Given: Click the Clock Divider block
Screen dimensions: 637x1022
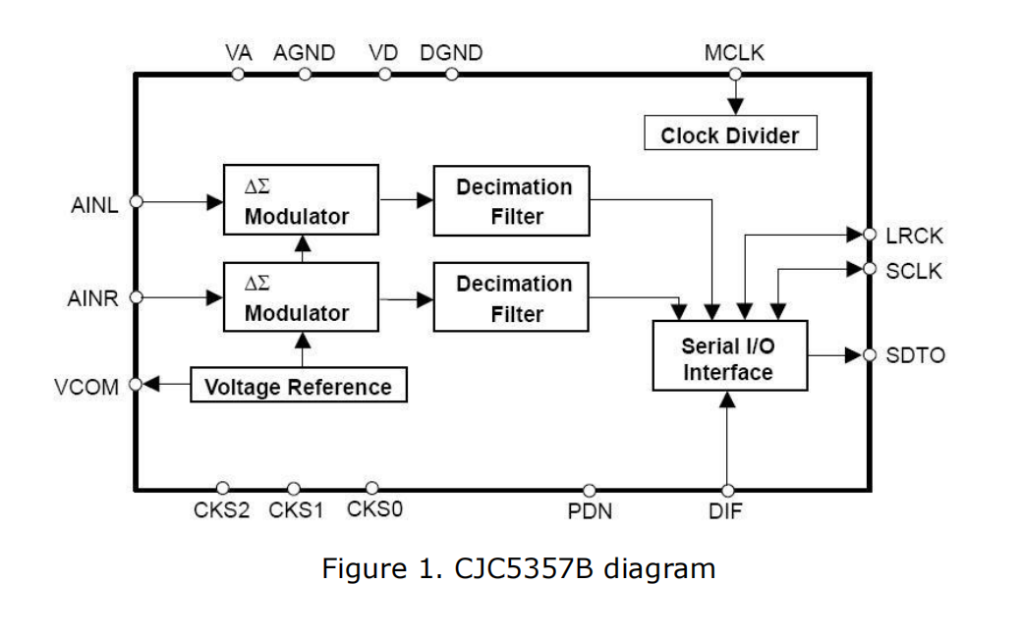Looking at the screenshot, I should pyautogui.click(x=729, y=135).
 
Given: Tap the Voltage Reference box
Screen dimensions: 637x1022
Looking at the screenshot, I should pyautogui.click(x=298, y=387).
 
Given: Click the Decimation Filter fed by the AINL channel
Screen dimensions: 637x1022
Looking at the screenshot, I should pyautogui.click(x=513, y=201).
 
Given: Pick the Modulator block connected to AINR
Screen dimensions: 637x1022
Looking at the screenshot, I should pyautogui.click(x=300, y=298).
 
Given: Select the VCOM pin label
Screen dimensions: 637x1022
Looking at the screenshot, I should pyautogui.click(x=86, y=386).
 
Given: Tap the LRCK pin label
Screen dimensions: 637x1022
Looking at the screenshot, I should pyautogui.click(x=914, y=236).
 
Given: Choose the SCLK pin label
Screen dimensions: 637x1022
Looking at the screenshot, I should pyautogui.click(x=914, y=271).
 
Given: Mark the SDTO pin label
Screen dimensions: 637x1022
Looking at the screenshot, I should pyautogui.click(x=915, y=356).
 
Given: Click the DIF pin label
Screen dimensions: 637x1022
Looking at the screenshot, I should pyautogui.click(x=725, y=511).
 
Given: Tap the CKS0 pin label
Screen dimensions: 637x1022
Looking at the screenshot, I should pyautogui.click(x=374, y=509).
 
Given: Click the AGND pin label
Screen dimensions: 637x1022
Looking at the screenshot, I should pyautogui.click(x=305, y=53).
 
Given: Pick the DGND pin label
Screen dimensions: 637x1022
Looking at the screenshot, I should pyautogui.click(x=451, y=53).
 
